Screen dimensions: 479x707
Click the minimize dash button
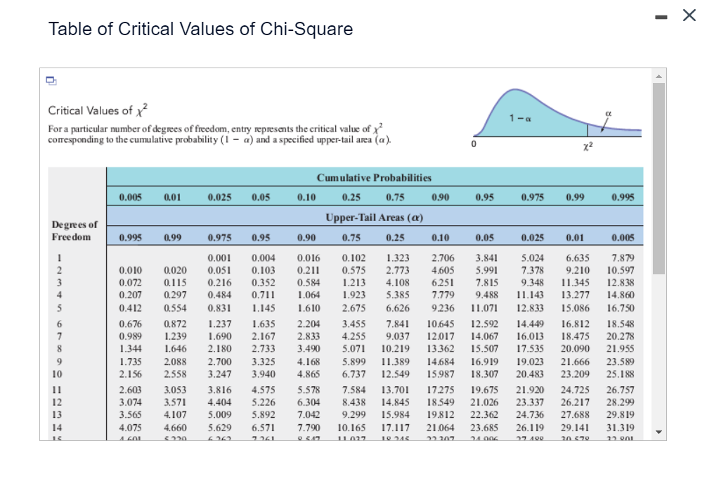pos(661,17)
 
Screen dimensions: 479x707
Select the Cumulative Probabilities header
pos(374,178)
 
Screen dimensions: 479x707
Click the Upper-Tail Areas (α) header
pos(373,219)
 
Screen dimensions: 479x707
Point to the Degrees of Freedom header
pos(74,231)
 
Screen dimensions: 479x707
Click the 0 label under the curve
pos(474,145)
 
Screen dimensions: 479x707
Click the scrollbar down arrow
pos(659,432)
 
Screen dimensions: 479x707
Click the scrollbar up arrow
pos(659,76)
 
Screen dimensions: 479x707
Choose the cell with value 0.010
pos(129,269)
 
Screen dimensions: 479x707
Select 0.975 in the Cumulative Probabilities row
pos(533,198)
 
